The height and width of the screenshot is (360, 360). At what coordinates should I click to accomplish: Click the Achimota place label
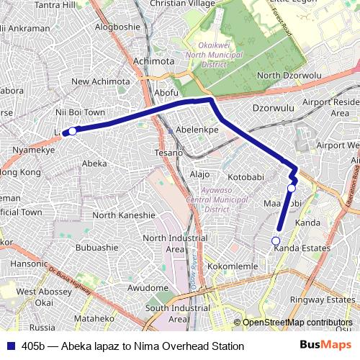(153, 61)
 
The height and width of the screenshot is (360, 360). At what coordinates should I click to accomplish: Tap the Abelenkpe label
(197, 130)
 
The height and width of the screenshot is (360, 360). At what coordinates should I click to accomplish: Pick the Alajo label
(199, 174)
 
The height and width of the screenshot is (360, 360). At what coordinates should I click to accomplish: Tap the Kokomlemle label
(233, 266)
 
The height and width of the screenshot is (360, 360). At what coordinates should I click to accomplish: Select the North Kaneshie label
(124, 215)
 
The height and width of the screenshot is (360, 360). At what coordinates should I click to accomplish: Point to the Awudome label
(148, 287)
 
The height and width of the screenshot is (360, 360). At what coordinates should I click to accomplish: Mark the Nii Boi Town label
(80, 113)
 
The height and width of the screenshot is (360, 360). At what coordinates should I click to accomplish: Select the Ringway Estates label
(322, 300)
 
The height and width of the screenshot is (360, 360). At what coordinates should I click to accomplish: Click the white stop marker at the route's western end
(72, 131)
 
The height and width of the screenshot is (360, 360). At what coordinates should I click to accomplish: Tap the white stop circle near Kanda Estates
(275, 240)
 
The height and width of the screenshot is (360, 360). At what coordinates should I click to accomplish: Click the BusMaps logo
(326, 346)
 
